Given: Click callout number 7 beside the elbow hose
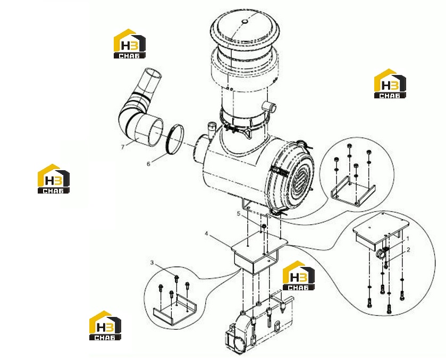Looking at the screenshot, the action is coord(123,147).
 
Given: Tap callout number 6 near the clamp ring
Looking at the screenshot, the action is coord(148,164).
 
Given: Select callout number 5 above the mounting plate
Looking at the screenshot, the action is coord(239,213).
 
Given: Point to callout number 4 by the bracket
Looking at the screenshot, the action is coord(206,233).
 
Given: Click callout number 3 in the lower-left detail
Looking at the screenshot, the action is coord(152,262).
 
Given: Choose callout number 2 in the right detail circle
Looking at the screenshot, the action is coord(408,250).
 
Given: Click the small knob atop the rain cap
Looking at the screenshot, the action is coord(245,21).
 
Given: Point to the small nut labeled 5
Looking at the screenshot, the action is coord(264,226).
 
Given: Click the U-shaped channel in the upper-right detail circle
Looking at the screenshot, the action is coord(353,191).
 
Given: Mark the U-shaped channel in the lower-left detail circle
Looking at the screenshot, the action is coord(174,309).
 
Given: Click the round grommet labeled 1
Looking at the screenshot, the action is coord(380,253).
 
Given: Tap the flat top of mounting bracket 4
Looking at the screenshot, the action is coord(259,242).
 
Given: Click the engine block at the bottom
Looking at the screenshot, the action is coord(258,327).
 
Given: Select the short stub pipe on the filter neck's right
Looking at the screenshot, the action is coord(269,107).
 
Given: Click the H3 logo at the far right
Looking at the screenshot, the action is coord(390,83).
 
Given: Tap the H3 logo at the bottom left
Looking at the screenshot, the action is coord(105,325).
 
